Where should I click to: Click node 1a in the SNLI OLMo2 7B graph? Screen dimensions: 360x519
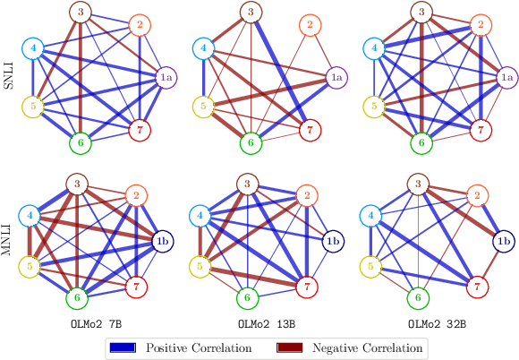[166, 77]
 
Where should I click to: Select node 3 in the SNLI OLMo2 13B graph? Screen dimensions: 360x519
[250, 13]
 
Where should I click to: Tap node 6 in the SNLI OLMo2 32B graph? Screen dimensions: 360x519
[417, 141]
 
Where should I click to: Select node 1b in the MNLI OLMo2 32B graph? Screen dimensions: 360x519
[504, 241]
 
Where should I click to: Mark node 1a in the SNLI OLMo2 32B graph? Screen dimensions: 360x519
[504, 77]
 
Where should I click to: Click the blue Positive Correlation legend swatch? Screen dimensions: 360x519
[123, 347]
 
